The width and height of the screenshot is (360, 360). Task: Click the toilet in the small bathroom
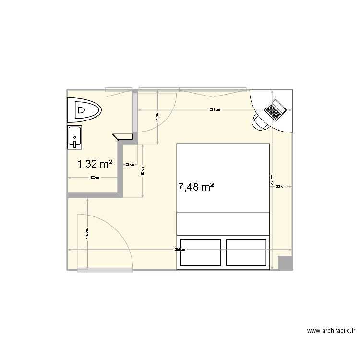(x=84, y=110)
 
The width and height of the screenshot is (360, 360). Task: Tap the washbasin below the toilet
(x=75, y=136)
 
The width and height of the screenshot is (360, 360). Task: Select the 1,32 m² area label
(x=95, y=164)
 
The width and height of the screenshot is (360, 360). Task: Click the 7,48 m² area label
(x=196, y=187)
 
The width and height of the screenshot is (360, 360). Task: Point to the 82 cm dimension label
(x=95, y=178)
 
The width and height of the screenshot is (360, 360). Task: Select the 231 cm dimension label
(x=214, y=110)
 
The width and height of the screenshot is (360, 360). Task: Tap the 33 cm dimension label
(x=281, y=187)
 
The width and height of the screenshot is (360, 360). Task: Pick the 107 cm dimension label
(x=87, y=234)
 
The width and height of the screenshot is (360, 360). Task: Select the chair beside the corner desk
(x=260, y=122)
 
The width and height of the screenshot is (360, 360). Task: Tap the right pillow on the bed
(x=246, y=252)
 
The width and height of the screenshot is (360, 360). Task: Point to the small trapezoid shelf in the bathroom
(x=123, y=136)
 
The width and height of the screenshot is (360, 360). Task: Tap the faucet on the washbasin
(x=75, y=141)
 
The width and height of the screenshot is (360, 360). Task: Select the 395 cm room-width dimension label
(x=179, y=250)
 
